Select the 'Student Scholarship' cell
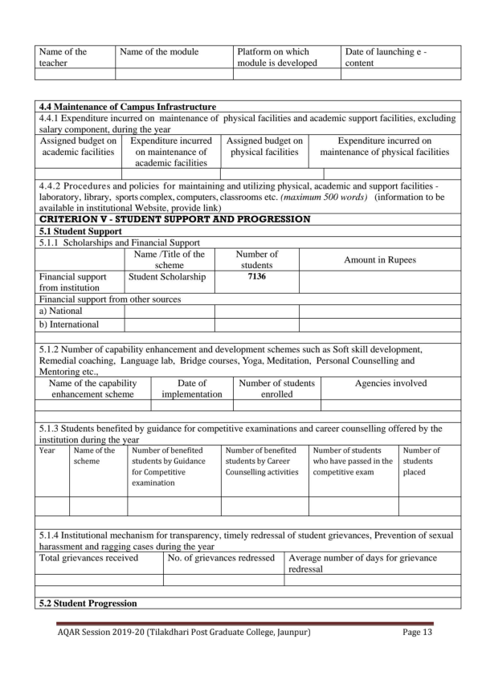(166, 277)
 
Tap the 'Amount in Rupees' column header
(380, 259)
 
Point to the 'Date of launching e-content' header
(386, 56)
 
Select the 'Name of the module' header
(159, 51)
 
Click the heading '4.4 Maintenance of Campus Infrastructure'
(127, 107)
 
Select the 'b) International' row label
(69, 324)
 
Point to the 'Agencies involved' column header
(390, 383)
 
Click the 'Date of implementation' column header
(192, 389)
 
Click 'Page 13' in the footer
(418, 633)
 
